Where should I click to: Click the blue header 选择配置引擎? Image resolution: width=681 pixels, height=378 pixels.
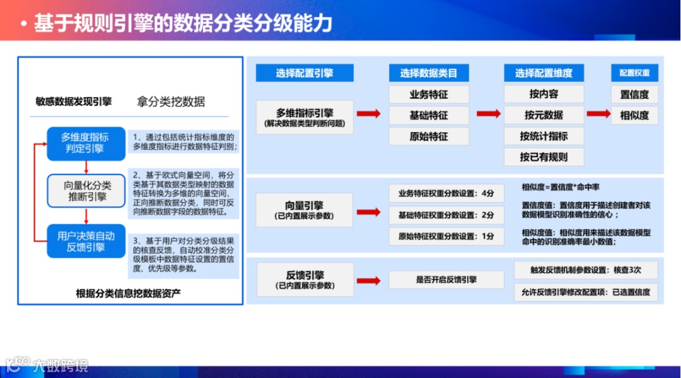305,73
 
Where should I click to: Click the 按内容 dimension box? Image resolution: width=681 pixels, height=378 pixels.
544,94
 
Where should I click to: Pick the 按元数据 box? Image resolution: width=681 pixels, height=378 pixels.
544,115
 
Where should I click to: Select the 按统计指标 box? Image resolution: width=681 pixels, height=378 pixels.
544,136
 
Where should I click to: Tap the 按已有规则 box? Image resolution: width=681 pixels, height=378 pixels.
544,157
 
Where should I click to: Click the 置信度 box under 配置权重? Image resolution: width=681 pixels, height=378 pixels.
634,94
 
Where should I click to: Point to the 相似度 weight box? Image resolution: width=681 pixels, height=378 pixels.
634,115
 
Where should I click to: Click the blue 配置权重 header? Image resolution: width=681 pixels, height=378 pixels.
634,73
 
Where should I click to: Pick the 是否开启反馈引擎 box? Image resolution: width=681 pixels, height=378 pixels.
446,280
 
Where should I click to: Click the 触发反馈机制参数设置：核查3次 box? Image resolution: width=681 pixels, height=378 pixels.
586,270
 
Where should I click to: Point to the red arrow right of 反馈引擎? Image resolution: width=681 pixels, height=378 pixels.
368,280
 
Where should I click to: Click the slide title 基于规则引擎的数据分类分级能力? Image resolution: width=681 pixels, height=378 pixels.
183,24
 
